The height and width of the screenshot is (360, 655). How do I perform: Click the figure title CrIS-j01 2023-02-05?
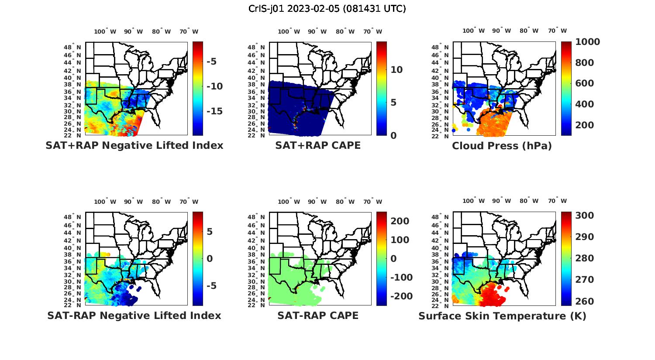327,9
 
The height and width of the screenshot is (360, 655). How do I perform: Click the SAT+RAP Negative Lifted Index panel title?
134,145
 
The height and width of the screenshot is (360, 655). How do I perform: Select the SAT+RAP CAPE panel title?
318,145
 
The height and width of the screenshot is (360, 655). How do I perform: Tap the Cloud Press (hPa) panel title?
502,146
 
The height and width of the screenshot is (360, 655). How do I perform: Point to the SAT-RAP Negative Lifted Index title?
134,315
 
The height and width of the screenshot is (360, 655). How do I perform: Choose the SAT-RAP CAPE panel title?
318,315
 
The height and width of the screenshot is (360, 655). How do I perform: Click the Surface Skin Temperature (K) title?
502,316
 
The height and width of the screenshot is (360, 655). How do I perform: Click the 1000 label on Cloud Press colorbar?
587,42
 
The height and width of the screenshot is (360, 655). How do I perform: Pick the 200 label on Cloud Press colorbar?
584,125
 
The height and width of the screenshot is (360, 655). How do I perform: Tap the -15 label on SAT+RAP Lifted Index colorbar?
214,111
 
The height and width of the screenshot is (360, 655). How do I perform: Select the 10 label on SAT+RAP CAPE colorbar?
396,70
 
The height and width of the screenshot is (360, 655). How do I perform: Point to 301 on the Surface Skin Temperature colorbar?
584,216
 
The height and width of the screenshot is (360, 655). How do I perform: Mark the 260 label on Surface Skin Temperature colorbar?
584,302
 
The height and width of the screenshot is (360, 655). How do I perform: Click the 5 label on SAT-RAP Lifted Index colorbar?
210,232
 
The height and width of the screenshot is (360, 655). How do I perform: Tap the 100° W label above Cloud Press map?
474,31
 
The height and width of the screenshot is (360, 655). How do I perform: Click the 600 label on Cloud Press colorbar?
584,83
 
